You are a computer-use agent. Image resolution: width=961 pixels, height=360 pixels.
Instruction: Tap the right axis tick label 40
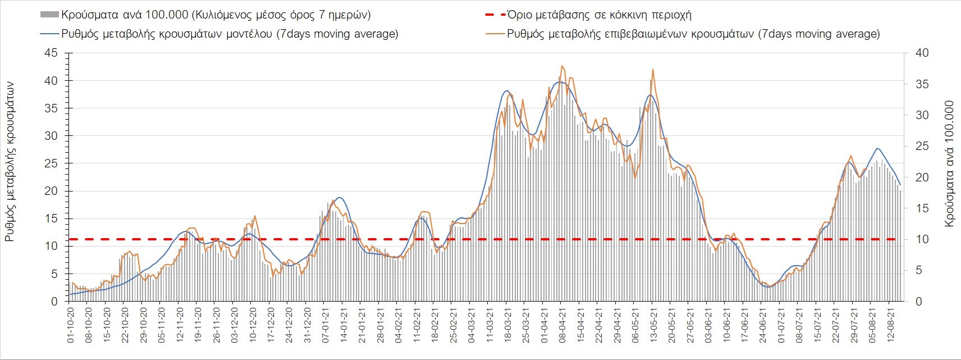922,53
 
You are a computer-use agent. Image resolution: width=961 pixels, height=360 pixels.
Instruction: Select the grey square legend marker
49,15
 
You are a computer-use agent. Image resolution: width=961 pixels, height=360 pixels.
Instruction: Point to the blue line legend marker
49,34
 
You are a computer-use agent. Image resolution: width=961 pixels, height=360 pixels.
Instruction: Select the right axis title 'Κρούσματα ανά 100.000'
949,163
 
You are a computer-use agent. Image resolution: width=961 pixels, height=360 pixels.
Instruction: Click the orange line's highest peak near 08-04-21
562,66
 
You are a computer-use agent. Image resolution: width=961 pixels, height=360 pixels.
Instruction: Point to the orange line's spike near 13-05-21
653,69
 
